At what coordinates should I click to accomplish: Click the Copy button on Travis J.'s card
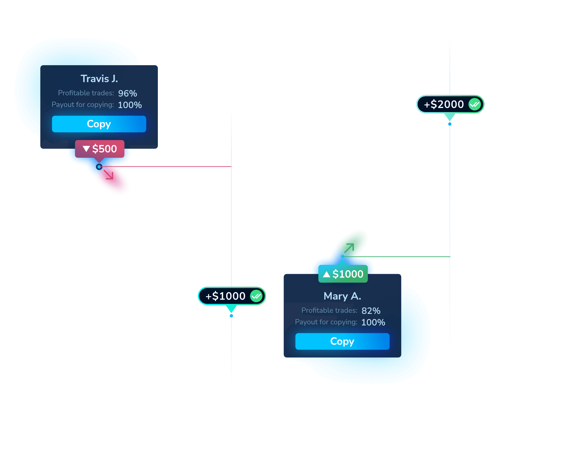[x=99, y=124]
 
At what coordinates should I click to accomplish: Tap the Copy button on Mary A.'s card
[x=342, y=341]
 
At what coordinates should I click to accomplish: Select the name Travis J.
[x=99, y=79]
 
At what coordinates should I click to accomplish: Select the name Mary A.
[x=342, y=296]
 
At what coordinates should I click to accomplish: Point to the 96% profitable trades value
[x=127, y=94]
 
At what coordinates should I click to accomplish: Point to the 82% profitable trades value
[x=371, y=311]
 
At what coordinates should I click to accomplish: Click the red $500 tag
[x=100, y=149]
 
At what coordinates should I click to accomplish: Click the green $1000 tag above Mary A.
[x=343, y=274]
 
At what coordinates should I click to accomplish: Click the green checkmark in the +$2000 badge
[x=475, y=105]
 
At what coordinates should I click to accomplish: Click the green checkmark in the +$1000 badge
[x=256, y=296]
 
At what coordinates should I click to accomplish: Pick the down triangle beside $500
[x=87, y=149]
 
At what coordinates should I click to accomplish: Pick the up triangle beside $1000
[x=327, y=274]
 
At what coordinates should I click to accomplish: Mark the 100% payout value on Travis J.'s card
[x=130, y=105]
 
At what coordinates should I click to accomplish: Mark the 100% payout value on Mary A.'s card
[x=373, y=322]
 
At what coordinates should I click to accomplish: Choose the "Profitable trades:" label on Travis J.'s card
[x=86, y=93]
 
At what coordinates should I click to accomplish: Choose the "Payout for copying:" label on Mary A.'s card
[x=326, y=322]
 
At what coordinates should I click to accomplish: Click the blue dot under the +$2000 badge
[x=450, y=124]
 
